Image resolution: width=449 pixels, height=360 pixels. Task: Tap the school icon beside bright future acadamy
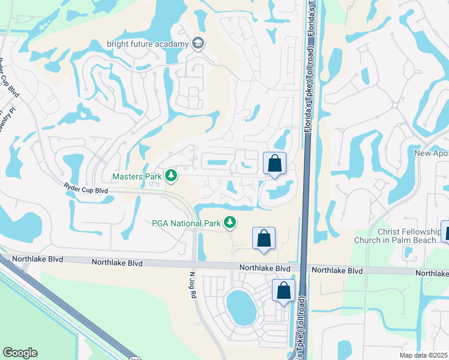(197, 43)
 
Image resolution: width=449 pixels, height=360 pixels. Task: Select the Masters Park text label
(137, 176)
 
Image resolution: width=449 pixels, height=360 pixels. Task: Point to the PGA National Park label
(186, 224)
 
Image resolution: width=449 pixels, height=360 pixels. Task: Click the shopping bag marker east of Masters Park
(274, 163)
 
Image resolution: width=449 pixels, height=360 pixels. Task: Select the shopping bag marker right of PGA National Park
(264, 238)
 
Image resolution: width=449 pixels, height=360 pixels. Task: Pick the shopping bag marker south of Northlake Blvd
(284, 291)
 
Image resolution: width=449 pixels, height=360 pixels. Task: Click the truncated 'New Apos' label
(432, 154)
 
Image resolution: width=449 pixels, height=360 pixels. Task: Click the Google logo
(20, 353)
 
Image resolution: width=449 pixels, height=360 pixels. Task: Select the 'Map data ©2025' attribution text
(423, 355)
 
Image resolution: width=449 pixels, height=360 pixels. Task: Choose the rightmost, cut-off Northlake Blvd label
(432, 273)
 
